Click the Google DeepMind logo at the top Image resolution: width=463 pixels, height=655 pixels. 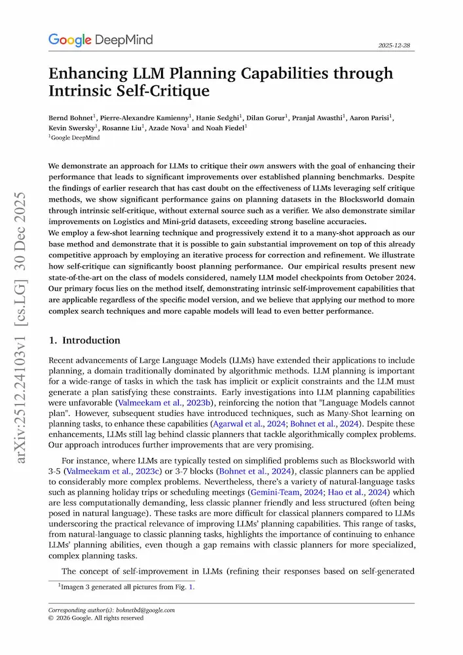(x=100, y=40)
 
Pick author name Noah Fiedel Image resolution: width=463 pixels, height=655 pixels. (x=226, y=128)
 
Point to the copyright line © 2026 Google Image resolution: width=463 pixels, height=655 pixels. (x=96, y=618)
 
